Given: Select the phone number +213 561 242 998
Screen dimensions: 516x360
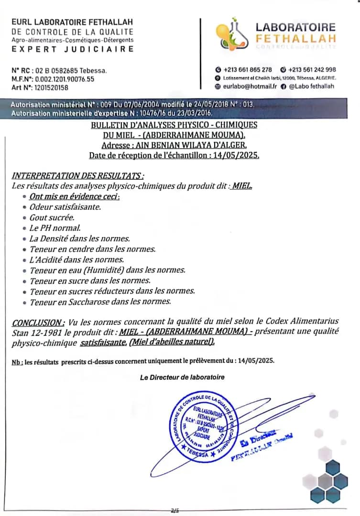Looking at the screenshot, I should tap(311, 69).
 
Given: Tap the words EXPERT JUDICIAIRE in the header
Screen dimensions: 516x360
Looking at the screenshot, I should tap(73, 49).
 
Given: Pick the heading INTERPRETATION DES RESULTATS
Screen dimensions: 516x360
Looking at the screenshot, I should tap(77, 176).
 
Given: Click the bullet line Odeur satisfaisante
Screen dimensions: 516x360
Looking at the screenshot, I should tap(65, 207).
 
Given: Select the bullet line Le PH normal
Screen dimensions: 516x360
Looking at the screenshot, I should tap(55, 228).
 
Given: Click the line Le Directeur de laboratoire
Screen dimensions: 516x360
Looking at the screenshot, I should tap(182, 377).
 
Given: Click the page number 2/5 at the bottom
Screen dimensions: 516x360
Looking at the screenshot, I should tap(175, 511).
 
